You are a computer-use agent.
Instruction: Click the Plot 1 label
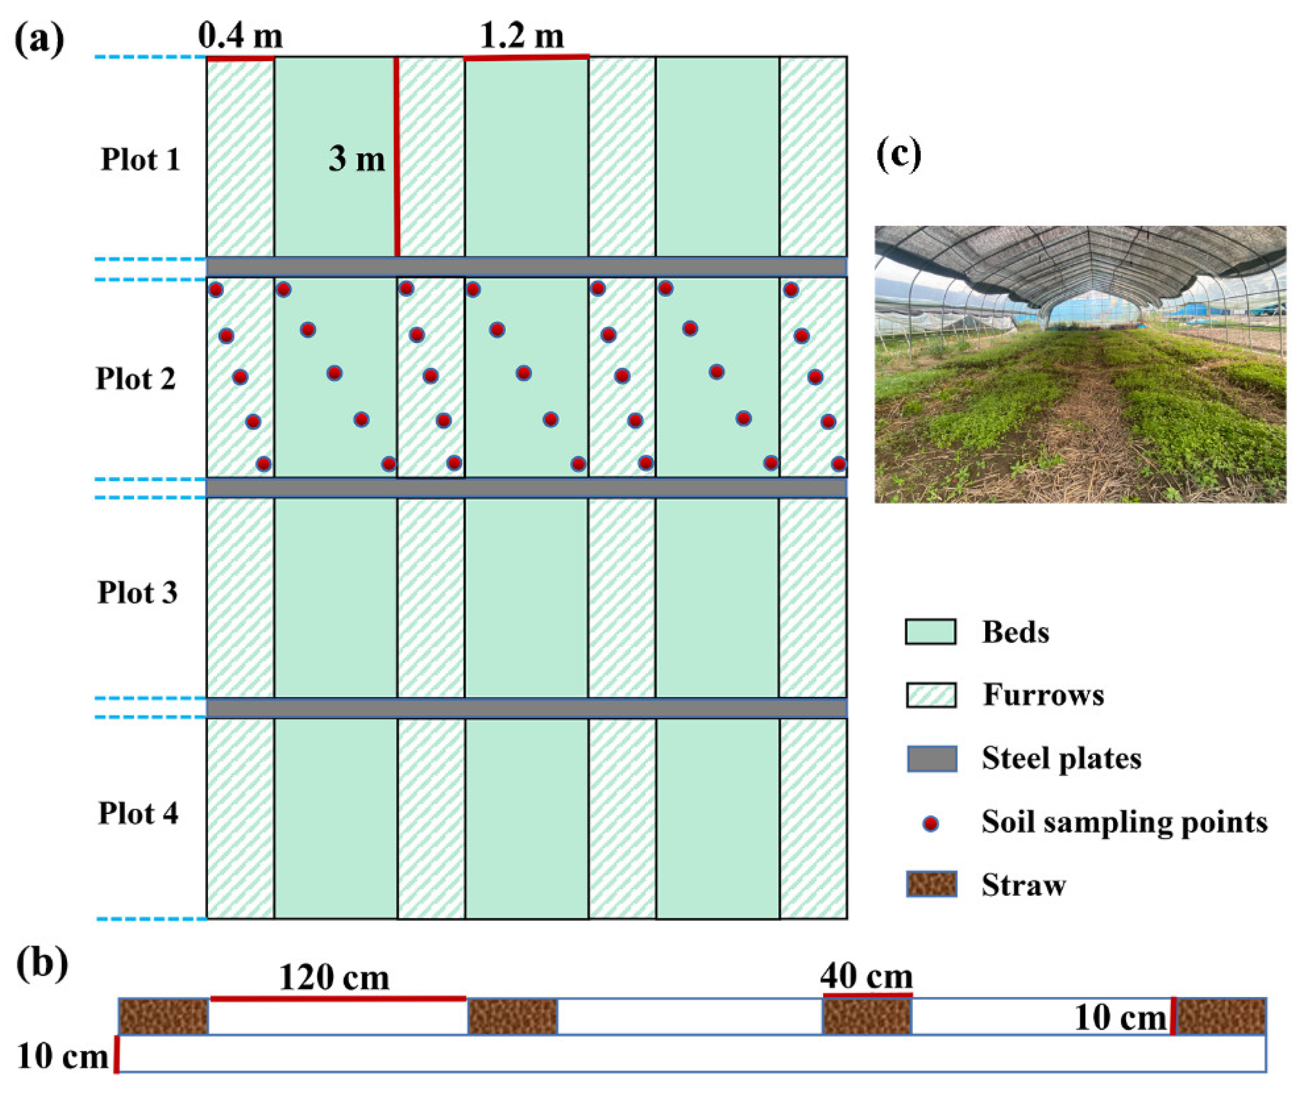(x=140, y=160)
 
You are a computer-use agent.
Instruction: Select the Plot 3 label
(x=137, y=593)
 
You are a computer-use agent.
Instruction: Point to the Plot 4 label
(x=138, y=813)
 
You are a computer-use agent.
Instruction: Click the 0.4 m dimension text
(x=240, y=36)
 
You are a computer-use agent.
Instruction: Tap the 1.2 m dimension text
(x=522, y=36)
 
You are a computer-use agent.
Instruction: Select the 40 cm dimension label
(x=867, y=976)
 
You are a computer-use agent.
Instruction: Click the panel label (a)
(x=39, y=39)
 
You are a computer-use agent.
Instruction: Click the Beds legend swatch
(x=931, y=631)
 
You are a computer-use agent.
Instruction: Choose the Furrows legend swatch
(x=931, y=695)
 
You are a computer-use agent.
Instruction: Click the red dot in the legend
(x=931, y=824)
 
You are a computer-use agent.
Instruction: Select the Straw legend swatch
(x=931, y=884)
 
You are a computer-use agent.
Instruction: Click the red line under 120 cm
(x=339, y=998)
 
